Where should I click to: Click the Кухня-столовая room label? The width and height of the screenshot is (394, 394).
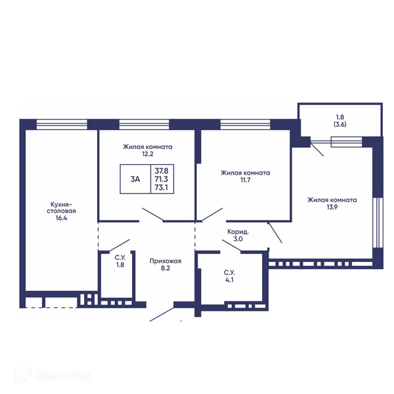(x=61, y=208)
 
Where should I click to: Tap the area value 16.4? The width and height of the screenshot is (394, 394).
(x=61, y=218)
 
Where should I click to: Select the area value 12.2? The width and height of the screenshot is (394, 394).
(x=148, y=154)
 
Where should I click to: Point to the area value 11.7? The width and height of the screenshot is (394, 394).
(x=245, y=180)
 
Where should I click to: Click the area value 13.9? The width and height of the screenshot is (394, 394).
(x=332, y=208)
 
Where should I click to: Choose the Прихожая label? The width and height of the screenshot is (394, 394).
(x=165, y=261)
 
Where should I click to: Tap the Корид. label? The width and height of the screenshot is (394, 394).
(x=238, y=232)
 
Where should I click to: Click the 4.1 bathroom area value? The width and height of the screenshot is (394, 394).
(x=229, y=280)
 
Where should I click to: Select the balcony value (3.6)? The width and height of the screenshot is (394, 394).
(x=340, y=124)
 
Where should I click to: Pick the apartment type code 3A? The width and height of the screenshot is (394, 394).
(x=135, y=179)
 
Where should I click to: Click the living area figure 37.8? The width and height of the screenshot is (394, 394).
(x=162, y=171)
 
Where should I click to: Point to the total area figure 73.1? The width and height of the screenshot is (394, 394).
(x=162, y=187)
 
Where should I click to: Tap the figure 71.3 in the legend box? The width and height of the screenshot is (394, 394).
(x=162, y=179)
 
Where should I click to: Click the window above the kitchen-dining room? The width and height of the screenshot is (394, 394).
(x=62, y=124)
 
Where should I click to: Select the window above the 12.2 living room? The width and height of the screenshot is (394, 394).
(x=144, y=124)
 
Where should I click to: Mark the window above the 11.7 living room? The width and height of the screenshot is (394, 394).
(x=246, y=124)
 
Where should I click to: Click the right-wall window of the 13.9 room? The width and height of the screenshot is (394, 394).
(x=378, y=223)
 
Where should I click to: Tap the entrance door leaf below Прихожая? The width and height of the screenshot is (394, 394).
(x=162, y=314)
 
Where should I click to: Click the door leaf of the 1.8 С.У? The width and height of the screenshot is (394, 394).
(x=120, y=245)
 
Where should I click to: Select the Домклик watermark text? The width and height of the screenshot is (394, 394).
(x=53, y=376)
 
